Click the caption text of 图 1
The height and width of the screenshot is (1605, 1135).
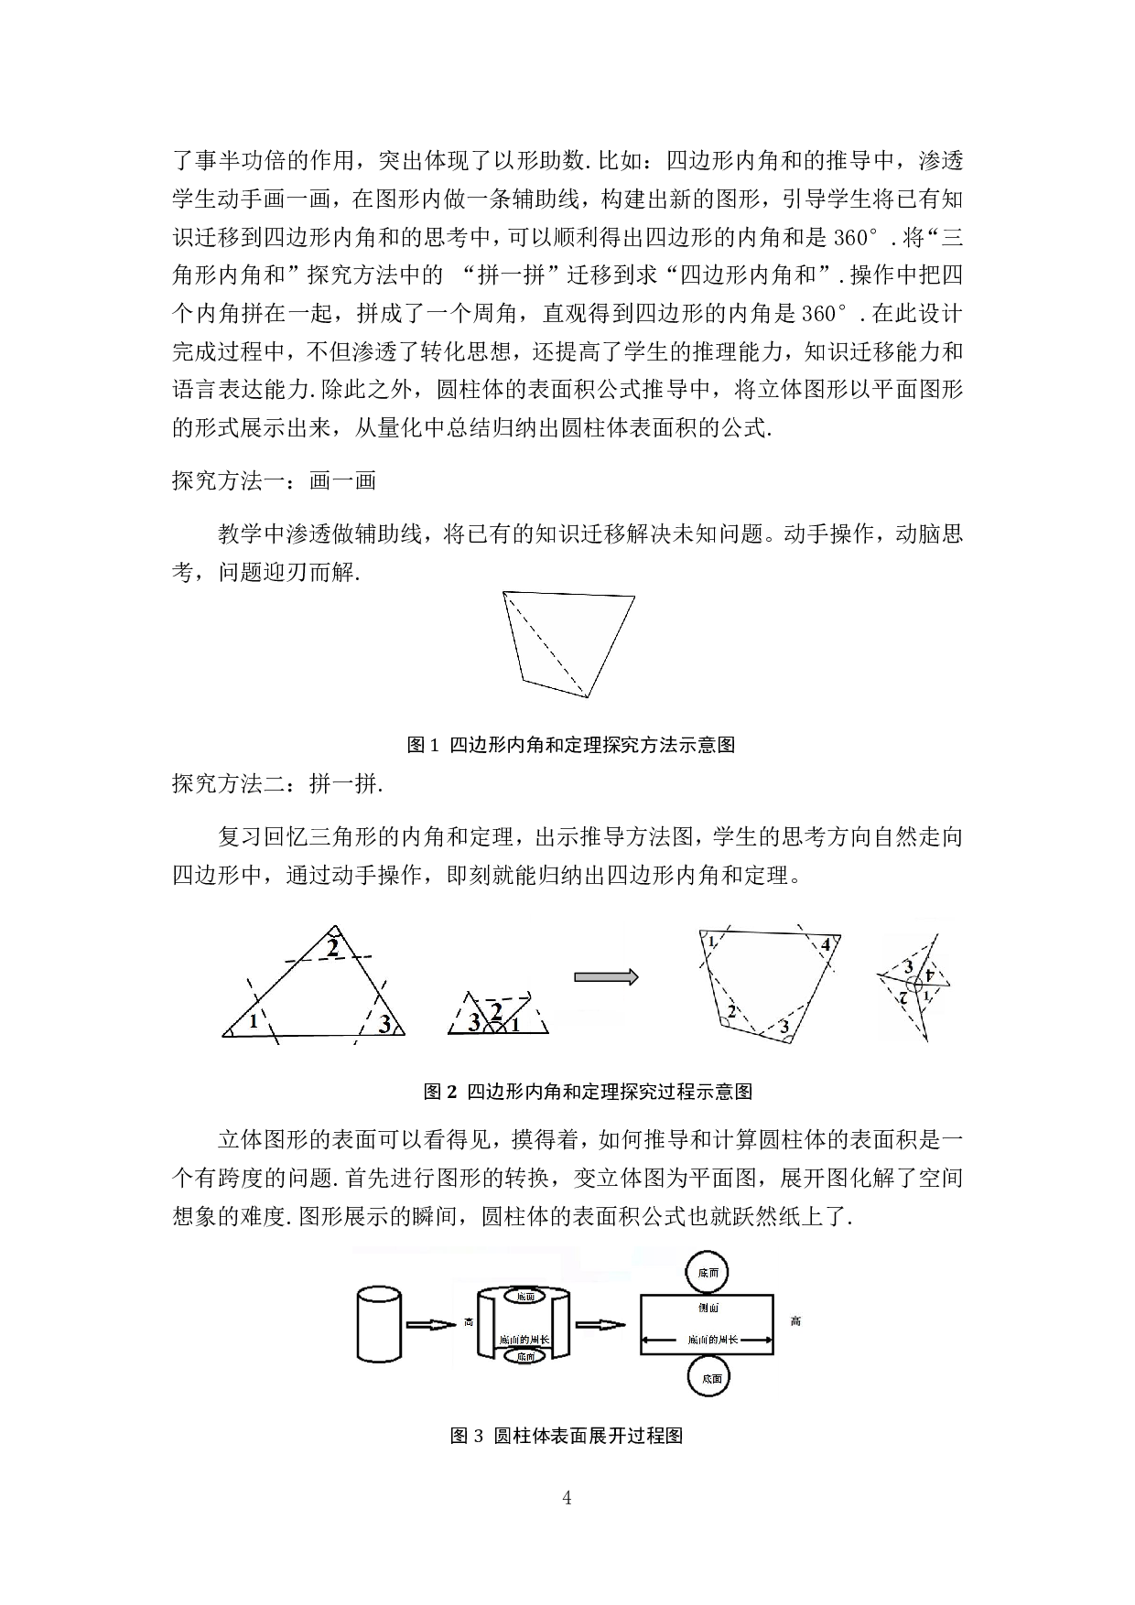pyautogui.click(x=571, y=745)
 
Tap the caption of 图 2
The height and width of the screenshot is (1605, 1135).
pyautogui.click(x=588, y=1092)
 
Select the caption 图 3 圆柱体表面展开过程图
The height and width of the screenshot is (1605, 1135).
pyautogui.click(x=567, y=1436)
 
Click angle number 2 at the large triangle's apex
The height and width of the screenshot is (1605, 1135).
pyautogui.click(x=333, y=948)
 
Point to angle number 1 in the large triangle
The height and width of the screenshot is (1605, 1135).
pyautogui.click(x=254, y=1021)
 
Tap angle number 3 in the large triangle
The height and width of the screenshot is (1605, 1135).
pyautogui.click(x=384, y=1024)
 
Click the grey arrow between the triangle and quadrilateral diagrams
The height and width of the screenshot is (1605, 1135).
pyautogui.click(x=605, y=977)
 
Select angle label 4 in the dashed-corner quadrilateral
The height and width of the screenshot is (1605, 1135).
pyautogui.click(x=825, y=944)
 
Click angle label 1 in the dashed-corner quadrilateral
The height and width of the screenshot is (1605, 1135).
pyautogui.click(x=712, y=942)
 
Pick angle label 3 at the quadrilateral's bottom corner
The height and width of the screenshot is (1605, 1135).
pyautogui.click(x=784, y=1028)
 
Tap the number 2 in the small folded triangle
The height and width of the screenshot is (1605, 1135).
pyautogui.click(x=496, y=1011)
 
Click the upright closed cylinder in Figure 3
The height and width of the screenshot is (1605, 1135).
pyautogui.click(x=379, y=1324)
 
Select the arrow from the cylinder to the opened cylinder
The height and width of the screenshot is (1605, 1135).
pyautogui.click(x=430, y=1324)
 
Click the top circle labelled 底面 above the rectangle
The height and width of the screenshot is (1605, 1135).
pyautogui.click(x=708, y=1273)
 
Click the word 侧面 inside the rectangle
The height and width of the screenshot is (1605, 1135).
pyautogui.click(x=708, y=1308)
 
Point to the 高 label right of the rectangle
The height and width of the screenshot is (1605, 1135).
pyautogui.click(x=795, y=1321)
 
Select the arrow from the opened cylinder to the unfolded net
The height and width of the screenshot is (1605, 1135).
pyautogui.click(x=600, y=1325)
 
